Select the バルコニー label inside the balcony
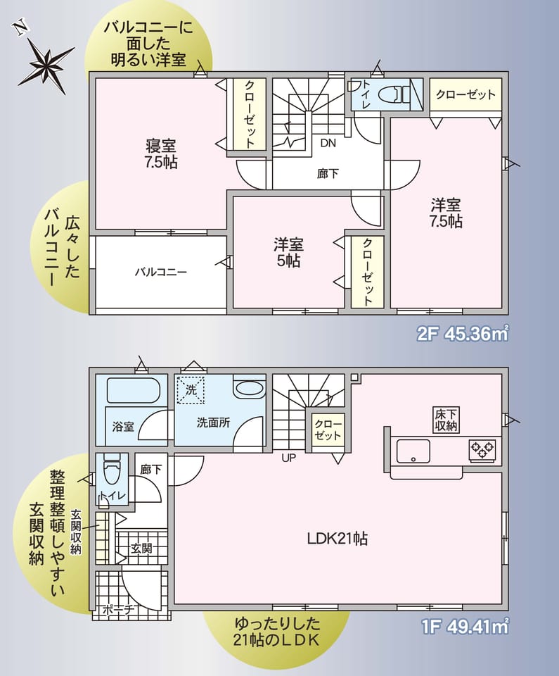point(160,272)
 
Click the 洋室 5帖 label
point(288,252)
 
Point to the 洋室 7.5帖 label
point(446,213)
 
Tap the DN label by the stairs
point(328,143)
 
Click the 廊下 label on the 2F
point(328,174)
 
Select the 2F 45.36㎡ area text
point(463,333)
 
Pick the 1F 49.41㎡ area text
point(465,627)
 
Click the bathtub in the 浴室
point(133,391)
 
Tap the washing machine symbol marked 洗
point(191,390)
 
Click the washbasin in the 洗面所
point(250,387)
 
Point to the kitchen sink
point(413,451)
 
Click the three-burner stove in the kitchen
point(482,450)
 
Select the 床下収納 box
point(446,420)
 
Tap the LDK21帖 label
point(338,539)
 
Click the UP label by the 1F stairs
point(288,458)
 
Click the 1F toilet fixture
point(112,471)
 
